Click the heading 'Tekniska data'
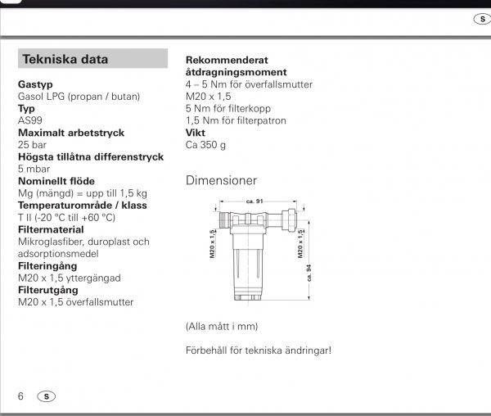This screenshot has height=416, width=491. tap(65, 59)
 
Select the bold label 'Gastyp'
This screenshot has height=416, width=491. tap(36, 84)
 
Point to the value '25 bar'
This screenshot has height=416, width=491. tap(34, 144)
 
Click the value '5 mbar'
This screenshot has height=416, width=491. tap(34, 169)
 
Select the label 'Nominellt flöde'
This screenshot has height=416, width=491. tap(56, 181)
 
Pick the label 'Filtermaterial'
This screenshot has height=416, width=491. tap(52, 229)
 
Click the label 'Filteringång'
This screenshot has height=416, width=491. tap(48, 265)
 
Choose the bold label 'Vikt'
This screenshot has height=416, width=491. tap(196, 133)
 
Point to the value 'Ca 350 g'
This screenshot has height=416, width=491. tap(205, 145)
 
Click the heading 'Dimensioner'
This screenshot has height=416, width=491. tap(221, 180)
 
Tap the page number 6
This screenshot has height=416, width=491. tap(21, 396)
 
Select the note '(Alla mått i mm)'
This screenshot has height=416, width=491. tap(222, 326)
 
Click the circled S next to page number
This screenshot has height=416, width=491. tap(47, 396)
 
